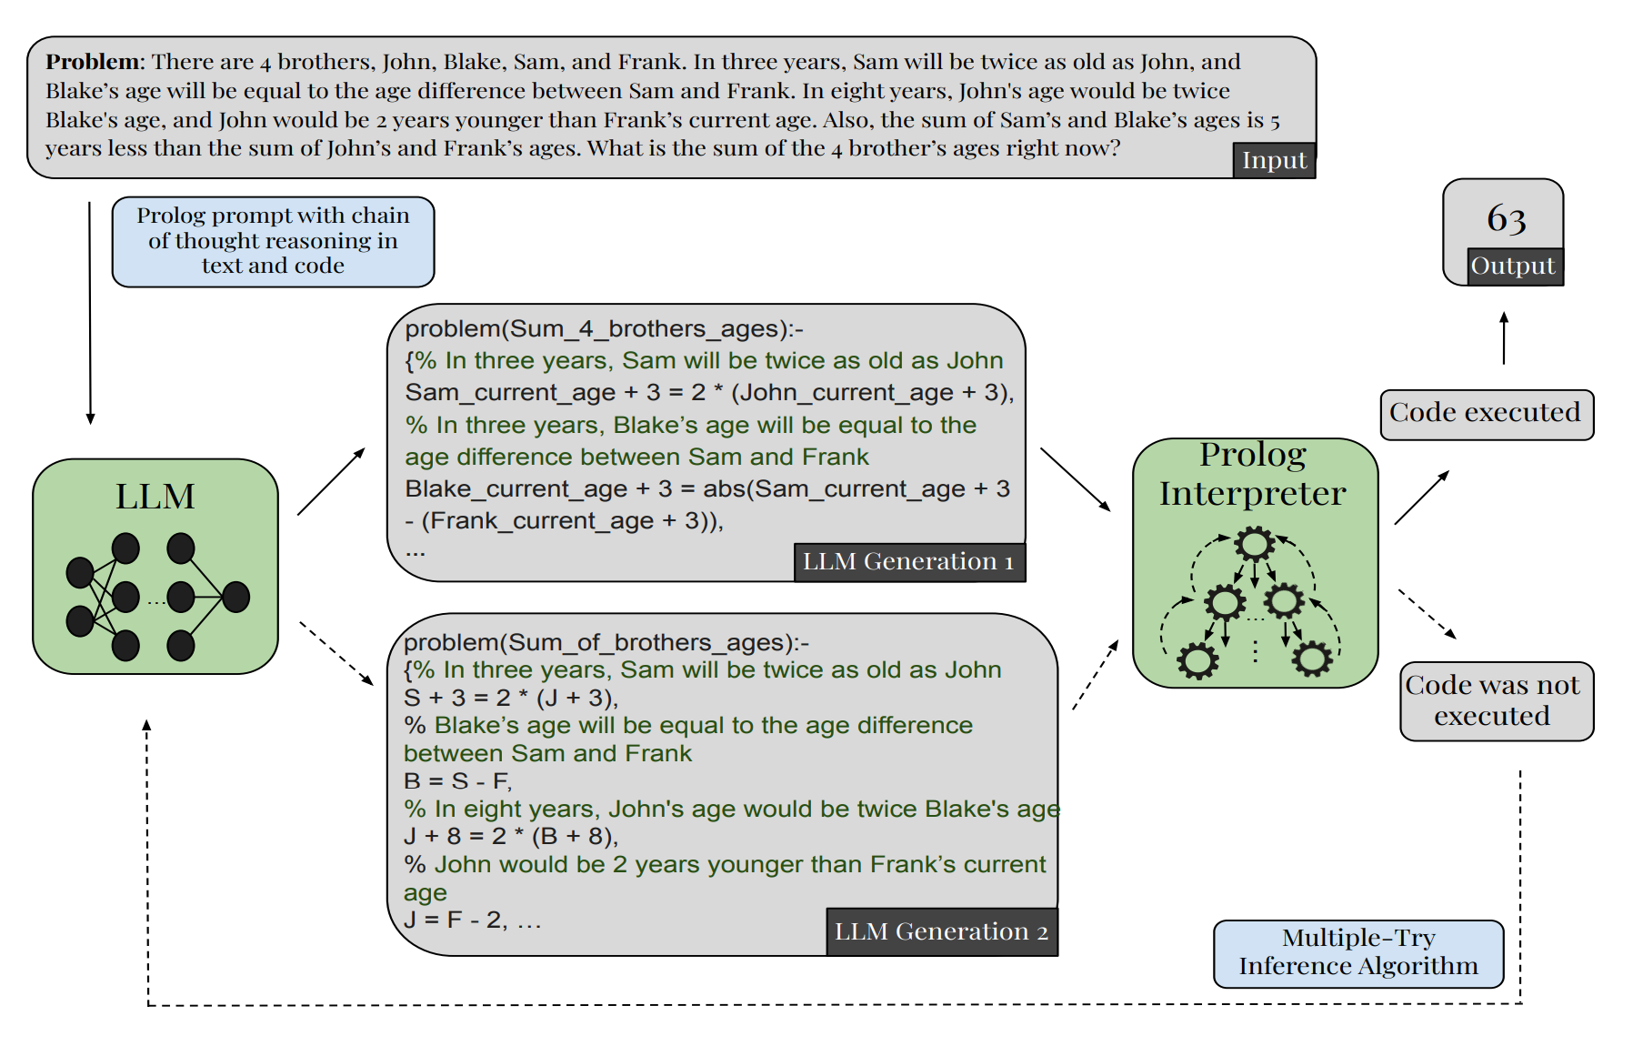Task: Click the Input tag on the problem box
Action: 1273,160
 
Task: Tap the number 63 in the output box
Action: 1506,218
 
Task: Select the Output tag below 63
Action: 1514,266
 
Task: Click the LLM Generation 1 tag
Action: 908,561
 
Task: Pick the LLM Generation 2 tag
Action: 941,931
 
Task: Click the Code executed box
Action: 1486,414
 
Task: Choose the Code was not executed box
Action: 1496,700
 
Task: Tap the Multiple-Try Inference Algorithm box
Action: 1357,952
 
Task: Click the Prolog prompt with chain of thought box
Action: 273,241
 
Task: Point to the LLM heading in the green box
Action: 155,497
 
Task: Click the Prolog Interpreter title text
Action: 1253,474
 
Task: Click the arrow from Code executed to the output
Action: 1504,338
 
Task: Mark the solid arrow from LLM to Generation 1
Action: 331,481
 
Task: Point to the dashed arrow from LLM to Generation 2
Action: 336,653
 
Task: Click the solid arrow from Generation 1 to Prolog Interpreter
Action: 1075,478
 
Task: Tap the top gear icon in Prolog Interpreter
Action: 1254,544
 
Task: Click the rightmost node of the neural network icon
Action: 235,597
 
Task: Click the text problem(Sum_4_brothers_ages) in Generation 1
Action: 604,328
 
